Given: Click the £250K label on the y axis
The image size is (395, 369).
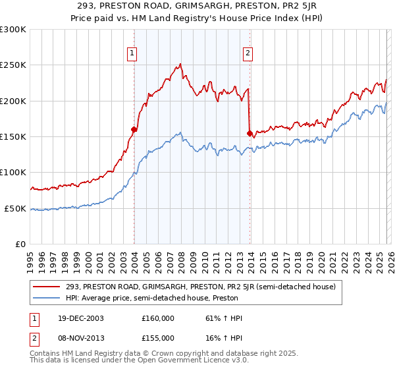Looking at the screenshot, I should [x=13, y=65].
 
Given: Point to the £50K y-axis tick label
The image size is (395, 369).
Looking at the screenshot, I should [x=15, y=208].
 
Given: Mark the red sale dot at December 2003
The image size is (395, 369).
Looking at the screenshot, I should [x=134, y=130].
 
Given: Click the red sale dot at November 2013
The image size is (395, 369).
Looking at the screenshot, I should [x=250, y=133].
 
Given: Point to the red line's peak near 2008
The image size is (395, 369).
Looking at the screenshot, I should [x=180, y=64].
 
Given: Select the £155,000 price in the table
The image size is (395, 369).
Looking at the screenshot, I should [x=158, y=337].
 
